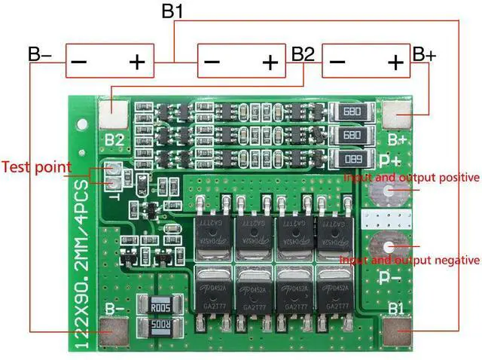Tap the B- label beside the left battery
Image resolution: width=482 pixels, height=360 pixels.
pos(40,56)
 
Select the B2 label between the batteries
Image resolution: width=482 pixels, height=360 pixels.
pos(302,54)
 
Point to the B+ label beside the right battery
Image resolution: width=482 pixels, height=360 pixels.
pos(424,55)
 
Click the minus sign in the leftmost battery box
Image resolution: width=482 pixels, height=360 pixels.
pos(79,62)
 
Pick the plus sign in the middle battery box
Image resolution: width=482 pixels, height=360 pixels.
pos(269,62)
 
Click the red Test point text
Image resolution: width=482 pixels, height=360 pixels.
pos(36,166)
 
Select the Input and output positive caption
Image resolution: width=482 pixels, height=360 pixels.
pos(411,178)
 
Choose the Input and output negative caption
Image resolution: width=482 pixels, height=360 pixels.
pos(410,260)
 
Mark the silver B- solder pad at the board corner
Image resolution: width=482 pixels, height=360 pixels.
pos(115,329)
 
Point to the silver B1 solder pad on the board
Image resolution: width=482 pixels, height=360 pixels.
pos(397,330)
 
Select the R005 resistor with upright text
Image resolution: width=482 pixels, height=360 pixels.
pos(156,308)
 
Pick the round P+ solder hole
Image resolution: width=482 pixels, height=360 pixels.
pos(389,191)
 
